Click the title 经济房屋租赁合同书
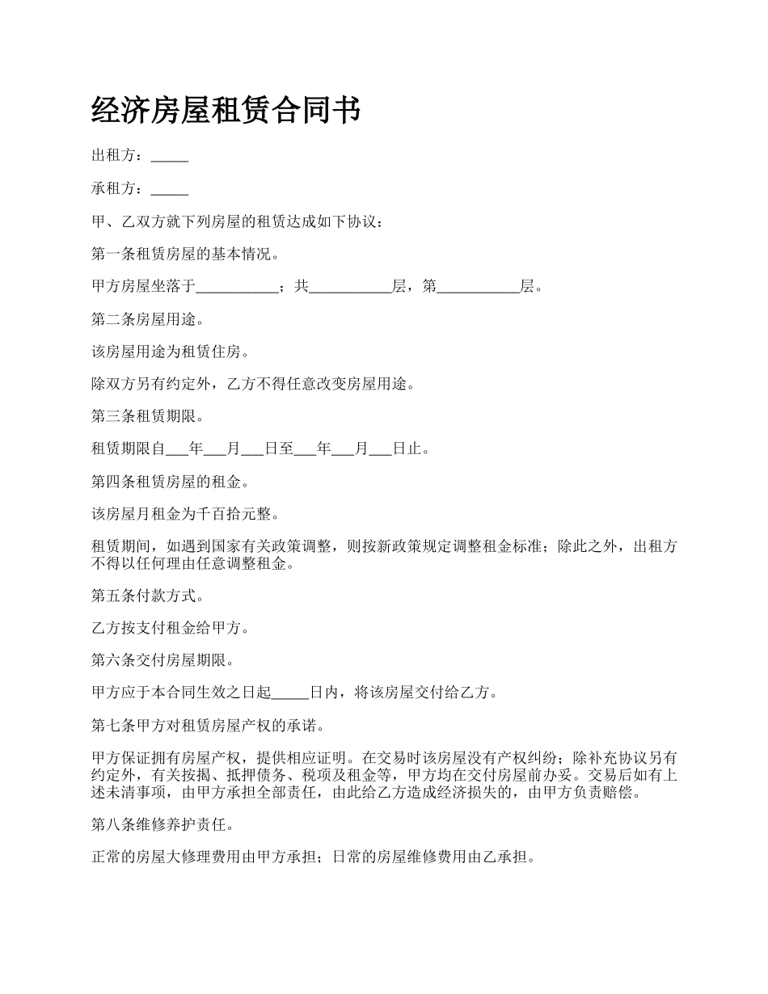[x=226, y=111]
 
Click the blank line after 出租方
[x=170, y=157]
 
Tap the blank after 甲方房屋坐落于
[x=237, y=287]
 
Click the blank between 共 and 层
[x=350, y=287]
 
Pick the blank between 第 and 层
[x=478, y=287]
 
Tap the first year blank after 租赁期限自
[x=176, y=449]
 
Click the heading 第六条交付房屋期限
[x=162, y=660]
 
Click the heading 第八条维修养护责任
[x=162, y=825]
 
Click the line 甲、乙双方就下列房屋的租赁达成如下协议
[x=233, y=221]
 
